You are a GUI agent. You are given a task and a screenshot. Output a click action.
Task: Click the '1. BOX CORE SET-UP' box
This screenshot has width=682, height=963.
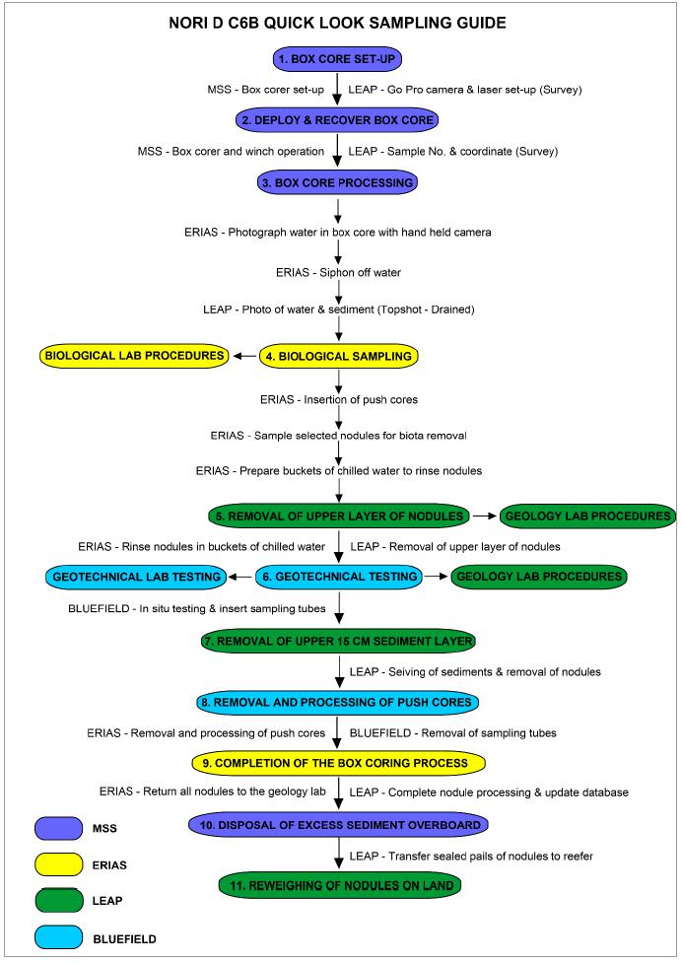(x=338, y=58)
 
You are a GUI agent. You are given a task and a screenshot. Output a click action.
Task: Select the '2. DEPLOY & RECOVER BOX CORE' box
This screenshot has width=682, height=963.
(x=338, y=120)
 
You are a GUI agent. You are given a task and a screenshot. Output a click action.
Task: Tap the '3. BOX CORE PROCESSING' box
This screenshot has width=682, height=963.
(x=338, y=182)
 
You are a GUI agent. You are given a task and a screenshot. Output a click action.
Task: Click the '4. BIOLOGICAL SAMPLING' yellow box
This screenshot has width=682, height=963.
(x=338, y=355)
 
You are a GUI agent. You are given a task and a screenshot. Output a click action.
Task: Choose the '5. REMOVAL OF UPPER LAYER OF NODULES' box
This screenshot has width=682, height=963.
(x=338, y=516)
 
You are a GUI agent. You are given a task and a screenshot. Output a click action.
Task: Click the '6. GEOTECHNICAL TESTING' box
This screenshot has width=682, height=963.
(x=338, y=577)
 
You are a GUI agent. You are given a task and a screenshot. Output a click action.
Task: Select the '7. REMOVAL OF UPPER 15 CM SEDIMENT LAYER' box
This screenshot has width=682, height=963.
(x=338, y=642)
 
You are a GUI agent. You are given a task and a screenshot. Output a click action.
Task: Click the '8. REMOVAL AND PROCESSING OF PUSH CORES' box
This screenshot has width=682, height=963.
(x=338, y=702)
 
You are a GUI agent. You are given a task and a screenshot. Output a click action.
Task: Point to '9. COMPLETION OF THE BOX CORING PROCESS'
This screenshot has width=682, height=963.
(x=338, y=762)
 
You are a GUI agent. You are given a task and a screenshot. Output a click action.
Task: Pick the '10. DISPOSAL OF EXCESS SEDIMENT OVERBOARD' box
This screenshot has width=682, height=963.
(x=338, y=824)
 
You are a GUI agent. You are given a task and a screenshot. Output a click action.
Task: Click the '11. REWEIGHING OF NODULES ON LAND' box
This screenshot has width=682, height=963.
(x=338, y=885)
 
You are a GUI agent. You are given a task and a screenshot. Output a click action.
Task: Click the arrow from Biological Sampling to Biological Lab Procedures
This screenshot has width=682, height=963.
(x=244, y=355)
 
